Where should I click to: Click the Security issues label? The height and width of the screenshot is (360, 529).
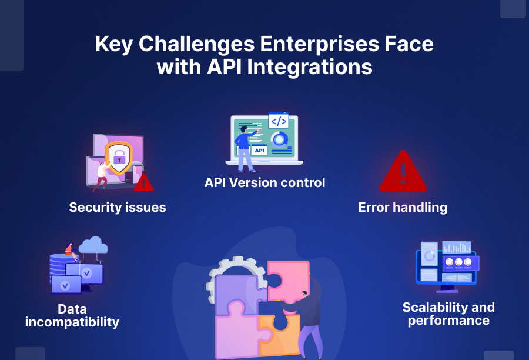click(x=118, y=207)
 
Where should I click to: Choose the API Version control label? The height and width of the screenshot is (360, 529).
click(x=264, y=182)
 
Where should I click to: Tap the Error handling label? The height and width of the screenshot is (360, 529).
click(x=403, y=207)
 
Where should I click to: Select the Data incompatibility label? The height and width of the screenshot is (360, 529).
click(x=72, y=315)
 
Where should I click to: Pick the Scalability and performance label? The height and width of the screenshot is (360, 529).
click(x=448, y=314)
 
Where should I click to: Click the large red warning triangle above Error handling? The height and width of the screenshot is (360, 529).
click(x=403, y=172)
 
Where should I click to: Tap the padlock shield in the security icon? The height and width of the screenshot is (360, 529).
click(x=119, y=158)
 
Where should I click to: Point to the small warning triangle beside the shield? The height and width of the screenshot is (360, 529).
click(x=143, y=182)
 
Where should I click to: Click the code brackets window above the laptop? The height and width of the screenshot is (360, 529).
click(x=278, y=121)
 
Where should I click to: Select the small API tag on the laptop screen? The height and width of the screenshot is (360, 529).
click(x=259, y=151)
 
